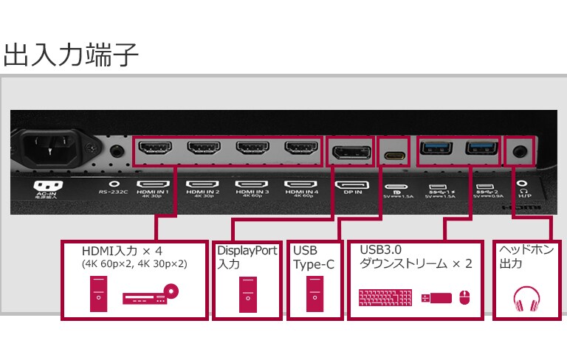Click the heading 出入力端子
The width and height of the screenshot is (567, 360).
(71, 55)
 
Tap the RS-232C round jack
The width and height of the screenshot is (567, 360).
(115, 152)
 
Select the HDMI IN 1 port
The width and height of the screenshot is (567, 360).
(154, 149)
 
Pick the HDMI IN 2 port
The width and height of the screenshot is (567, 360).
(204, 149)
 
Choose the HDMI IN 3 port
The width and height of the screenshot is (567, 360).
(252, 149)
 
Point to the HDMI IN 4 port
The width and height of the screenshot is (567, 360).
(301, 149)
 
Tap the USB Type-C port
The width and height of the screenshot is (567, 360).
(394, 155)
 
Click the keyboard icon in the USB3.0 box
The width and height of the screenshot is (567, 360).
(385, 298)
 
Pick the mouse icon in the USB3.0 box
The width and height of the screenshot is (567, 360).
(464, 298)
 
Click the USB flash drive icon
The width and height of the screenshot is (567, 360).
(436, 298)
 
